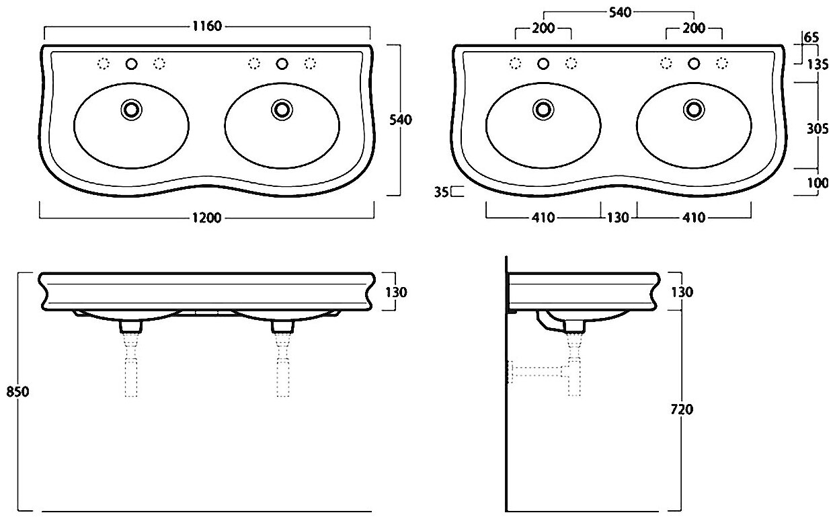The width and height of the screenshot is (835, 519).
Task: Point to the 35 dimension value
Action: (x=441, y=192)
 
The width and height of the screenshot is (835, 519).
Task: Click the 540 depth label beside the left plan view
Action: (x=401, y=120)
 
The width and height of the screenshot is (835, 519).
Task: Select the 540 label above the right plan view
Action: (x=619, y=12)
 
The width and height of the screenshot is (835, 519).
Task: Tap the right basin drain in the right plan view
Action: (x=693, y=108)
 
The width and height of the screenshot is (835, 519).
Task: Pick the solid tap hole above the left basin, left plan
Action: (x=131, y=64)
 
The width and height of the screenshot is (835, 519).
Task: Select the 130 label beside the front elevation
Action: (x=397, y=292)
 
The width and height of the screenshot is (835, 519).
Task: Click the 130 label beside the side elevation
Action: (x=682, y=292)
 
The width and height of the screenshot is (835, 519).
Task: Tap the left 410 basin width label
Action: (x=543, y=218)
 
